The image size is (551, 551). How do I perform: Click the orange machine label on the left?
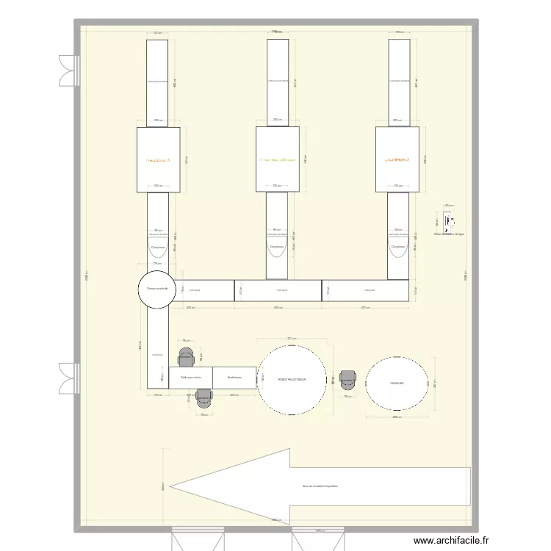158,159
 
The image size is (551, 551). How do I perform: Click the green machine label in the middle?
277,159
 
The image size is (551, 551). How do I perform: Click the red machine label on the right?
397,159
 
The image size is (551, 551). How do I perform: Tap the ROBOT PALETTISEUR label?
292,380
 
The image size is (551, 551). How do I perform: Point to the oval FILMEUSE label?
397,383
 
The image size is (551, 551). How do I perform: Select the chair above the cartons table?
187,357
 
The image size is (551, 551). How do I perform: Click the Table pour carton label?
190,378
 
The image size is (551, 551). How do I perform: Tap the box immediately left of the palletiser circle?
234,378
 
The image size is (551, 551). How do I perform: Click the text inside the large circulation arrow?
320,486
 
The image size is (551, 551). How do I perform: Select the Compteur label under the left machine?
157,248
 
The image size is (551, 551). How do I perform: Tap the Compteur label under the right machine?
397,248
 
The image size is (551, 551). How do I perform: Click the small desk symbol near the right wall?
447,220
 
